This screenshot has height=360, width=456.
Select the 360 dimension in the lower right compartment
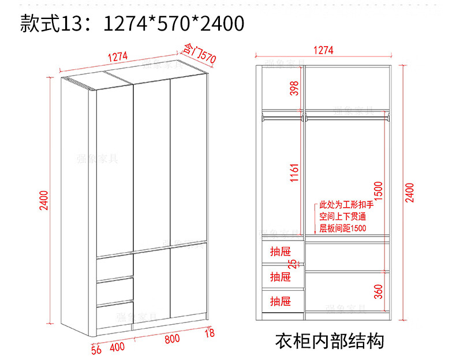pos(378,291)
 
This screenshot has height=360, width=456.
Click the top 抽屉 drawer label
pos(281,251)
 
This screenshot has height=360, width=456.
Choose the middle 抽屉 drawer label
pos(281,276)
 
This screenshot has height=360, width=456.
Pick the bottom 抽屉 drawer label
pos(281,301)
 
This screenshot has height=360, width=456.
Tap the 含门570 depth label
pos(199,53)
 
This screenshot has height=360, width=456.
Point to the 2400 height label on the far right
pos(409,193)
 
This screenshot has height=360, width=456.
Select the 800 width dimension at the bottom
pos(172,339)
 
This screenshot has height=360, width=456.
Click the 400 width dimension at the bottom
pos(117,346)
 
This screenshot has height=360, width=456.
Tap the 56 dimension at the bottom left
pos(96,348)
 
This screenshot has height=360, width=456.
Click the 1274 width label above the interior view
pos(323,50)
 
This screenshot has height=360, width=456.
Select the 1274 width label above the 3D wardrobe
pos(117,57)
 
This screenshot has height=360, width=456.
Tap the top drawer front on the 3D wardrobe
pos(115,267)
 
